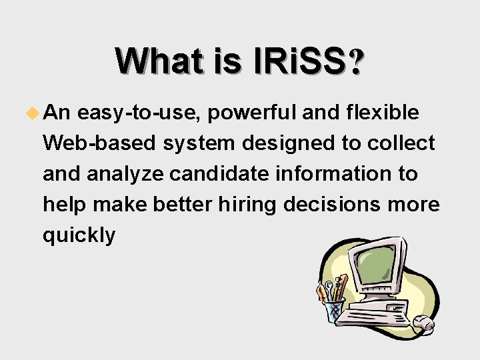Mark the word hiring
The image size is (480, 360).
coord(247,205)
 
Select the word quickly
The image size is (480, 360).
coord(79,235)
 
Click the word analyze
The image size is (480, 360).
coord(127,174)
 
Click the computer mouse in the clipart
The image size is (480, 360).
coord(423,325)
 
